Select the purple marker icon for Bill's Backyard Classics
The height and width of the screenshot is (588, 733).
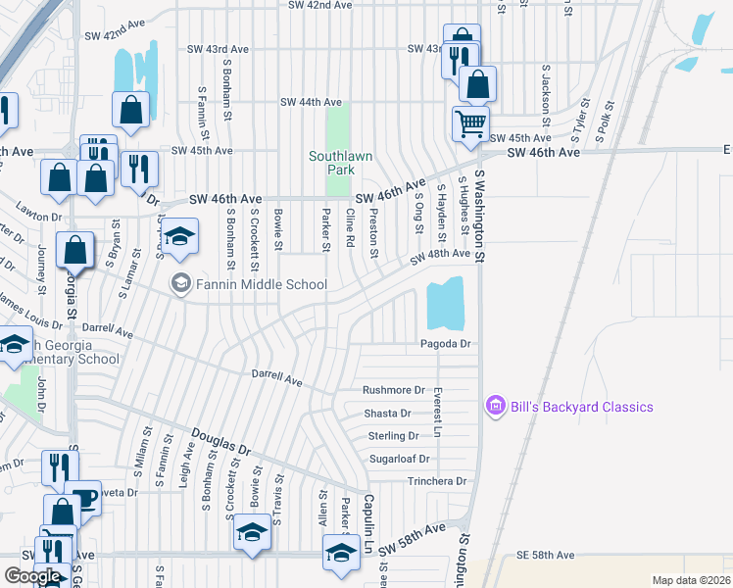[495, 406]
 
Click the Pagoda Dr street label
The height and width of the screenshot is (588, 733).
[446, 344]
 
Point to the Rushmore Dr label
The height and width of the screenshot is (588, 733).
[394, 390]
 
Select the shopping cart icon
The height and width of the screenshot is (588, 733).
[470, 123]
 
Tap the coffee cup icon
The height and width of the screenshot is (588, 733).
[85, 498]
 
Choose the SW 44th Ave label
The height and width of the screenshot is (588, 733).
[311, 102]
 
